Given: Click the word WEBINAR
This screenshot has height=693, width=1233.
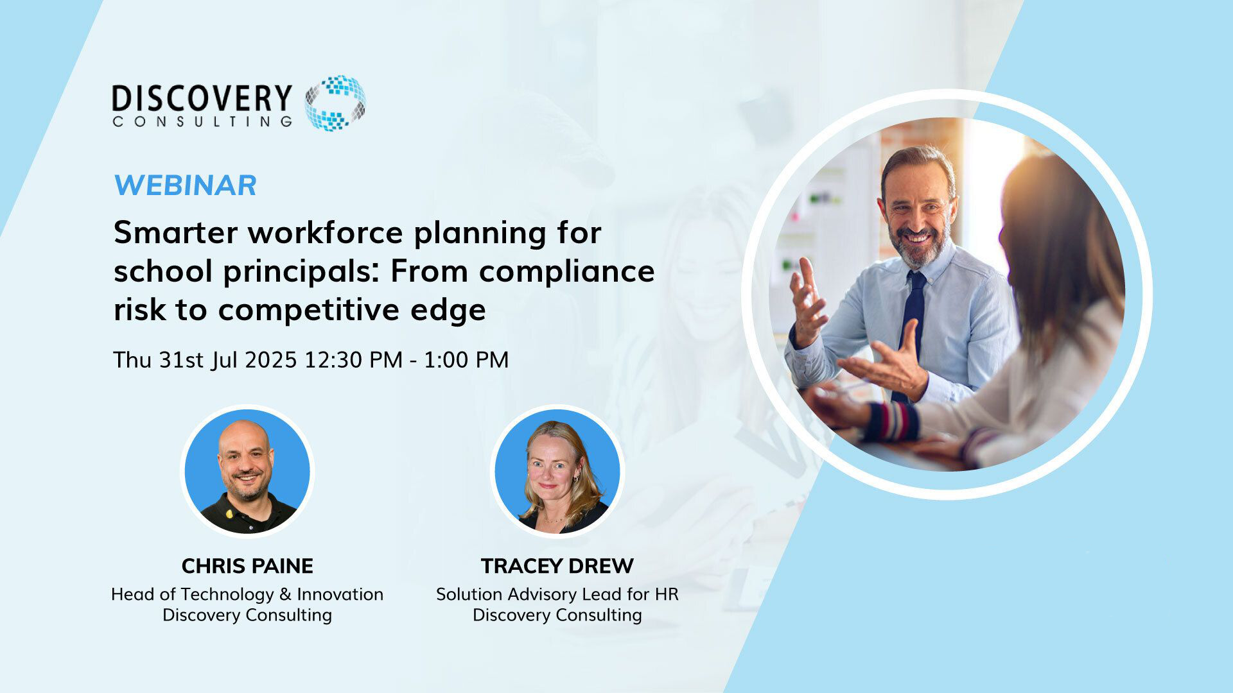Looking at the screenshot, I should pos(185,185).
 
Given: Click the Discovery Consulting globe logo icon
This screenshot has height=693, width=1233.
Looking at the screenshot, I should pos(335,103).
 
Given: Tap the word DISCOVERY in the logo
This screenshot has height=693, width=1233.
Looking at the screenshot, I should pos(202,99).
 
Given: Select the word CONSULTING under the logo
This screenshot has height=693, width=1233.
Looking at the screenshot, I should pos(202,121).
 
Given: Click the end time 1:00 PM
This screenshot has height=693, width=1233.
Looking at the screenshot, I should pos(466,360).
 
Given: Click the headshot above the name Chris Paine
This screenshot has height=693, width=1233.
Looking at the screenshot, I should pos(247,471).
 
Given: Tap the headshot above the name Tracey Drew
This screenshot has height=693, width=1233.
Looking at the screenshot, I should pos(557,471).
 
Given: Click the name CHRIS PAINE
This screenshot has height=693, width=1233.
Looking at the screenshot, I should pos(247,566).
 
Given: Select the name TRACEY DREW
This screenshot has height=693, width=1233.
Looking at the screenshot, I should pos(557,566).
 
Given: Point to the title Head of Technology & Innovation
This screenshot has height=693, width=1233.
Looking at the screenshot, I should pos(247,594).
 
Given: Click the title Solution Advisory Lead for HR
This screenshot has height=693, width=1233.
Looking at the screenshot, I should pos(557,594).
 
